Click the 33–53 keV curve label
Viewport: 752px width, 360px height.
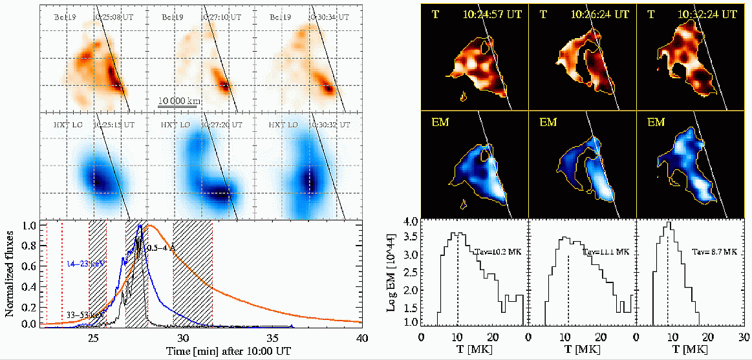[83, 315]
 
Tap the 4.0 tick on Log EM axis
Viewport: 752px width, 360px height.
[409, 221]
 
